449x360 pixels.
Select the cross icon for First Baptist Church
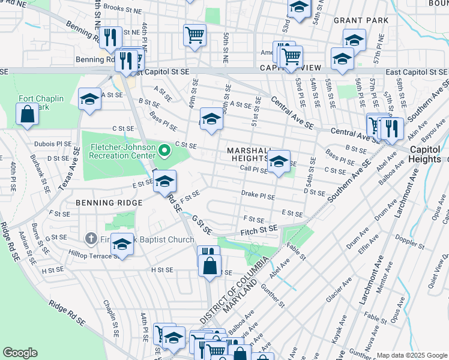point(91,239)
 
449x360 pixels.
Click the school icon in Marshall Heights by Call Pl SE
point(279,161)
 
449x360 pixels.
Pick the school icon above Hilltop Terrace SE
point(122,244)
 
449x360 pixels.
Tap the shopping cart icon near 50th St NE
point(194,34)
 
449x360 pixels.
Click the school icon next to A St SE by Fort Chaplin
point(89,98)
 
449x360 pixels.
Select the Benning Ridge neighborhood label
point(101,203)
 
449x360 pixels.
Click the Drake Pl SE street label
point(258,196)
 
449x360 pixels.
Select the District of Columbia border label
point(235,291)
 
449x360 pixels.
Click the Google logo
point(20,353)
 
